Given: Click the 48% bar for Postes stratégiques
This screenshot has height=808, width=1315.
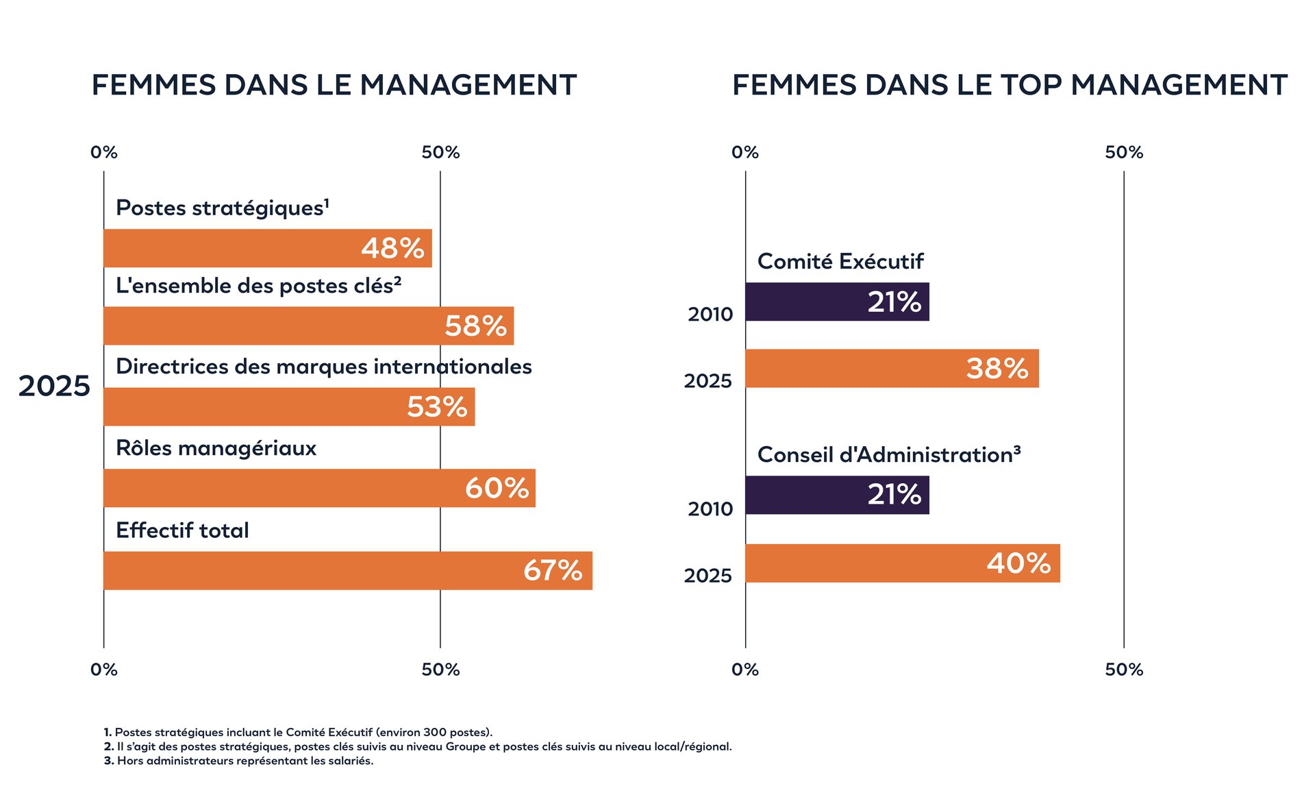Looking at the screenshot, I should [x=267, y=248].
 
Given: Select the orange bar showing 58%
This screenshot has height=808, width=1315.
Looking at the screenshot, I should [x=308, y=326].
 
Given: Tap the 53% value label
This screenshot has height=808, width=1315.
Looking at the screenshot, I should [x=437, y=407].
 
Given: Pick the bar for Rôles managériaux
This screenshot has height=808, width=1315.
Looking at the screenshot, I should [x=319, y=488].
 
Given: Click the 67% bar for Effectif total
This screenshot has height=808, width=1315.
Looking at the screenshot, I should [x=348, y=570].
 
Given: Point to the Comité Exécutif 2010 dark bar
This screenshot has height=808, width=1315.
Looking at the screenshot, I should [x=837, y=302].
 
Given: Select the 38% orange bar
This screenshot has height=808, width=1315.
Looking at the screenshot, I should [x=892, y=369].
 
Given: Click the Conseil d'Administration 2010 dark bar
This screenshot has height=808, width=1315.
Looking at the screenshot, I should [x=837, y=495].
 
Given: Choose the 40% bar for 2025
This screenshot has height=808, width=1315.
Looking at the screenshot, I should [x=903, y=563].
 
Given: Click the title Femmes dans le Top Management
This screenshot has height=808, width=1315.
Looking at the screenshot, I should [x=1010, y=85].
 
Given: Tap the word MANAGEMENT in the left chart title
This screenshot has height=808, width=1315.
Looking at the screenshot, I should [x=468, y=85].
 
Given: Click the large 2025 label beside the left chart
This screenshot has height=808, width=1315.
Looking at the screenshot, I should [x=53, y=386].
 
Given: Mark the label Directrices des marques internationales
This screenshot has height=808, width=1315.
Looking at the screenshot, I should [x=323, y=367].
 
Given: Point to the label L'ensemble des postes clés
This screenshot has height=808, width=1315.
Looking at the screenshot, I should [x=258, y=286].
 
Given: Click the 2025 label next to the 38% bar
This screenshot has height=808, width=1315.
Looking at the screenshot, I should [x=707, y=381].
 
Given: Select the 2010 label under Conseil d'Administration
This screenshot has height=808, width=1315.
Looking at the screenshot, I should [x=710, y=509].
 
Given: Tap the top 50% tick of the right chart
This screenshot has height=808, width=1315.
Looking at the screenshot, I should [x=1124, y=152].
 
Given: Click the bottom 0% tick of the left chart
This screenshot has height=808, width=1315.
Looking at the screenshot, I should [x=104, y=670].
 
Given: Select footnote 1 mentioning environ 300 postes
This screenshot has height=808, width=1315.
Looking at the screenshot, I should [x=298, y=732].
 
